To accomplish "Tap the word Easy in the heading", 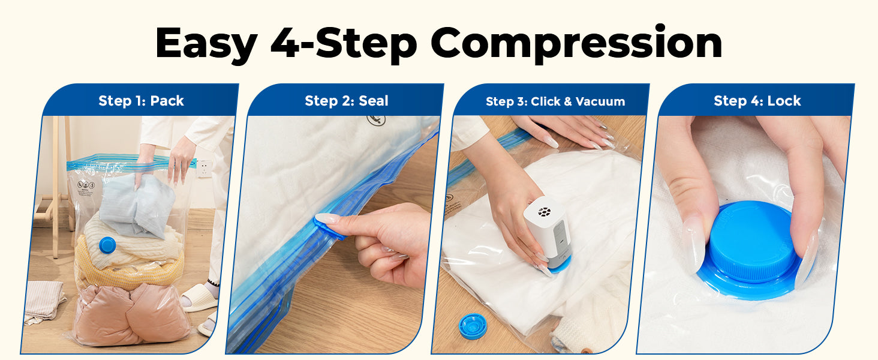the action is coord(206,44).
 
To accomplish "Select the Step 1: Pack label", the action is coord(141,101).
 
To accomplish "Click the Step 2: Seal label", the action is coord(347,101).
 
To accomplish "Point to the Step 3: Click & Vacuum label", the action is coord(555,101).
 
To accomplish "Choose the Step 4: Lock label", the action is coord(757,101).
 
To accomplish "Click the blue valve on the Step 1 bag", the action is coord(107,245).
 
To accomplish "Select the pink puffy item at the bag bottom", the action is coord(131,314).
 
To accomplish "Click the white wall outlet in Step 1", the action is coord(205,169).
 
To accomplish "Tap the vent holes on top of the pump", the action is coord(544,212).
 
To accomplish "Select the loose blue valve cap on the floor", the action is coord(473,326).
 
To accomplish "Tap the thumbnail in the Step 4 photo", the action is coord(693,244).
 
